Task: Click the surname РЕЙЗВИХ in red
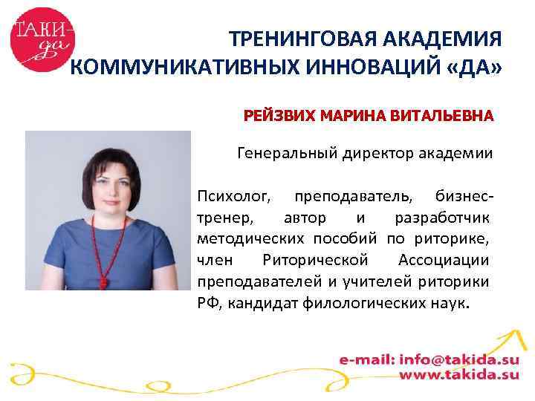pyautogui.click(x=278, y=117)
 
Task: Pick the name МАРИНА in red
pyautogui.click(x=350, y=117)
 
